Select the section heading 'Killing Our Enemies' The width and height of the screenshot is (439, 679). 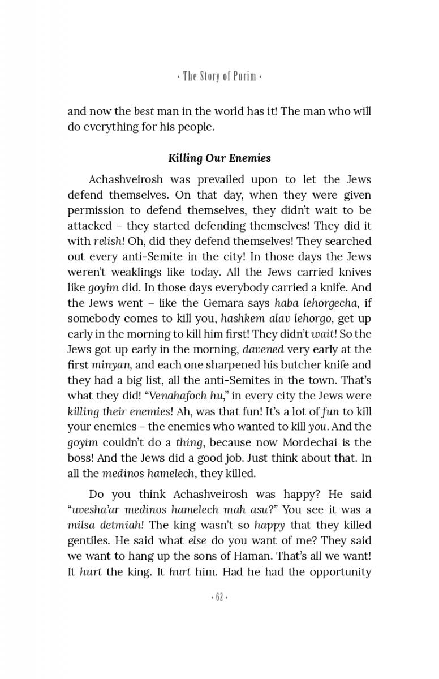219,158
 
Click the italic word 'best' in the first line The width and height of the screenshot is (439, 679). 144,111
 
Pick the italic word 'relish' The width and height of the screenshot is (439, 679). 107,241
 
